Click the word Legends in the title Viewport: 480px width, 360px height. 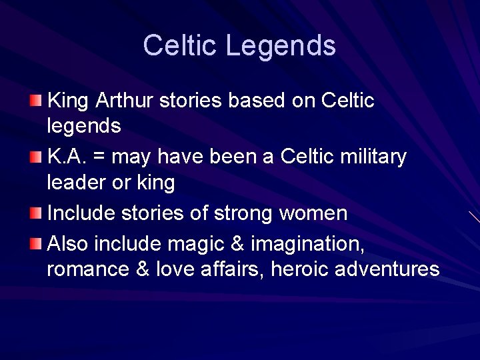[281, 46]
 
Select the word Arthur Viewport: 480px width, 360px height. [125, 101]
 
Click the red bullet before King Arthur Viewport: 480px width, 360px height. [35, 101]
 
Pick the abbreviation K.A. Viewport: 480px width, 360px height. [66, 157]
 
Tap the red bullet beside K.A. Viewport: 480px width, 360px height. [35, 157]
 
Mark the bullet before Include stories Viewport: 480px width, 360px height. [35, 213]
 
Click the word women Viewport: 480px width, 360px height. [313, 213]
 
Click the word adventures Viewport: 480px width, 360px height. [387, 269]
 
